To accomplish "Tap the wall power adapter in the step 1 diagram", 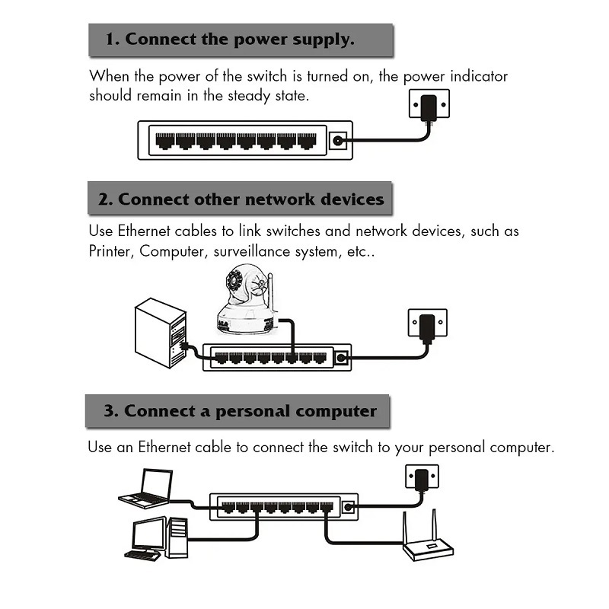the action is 429,107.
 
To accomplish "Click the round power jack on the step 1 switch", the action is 338,141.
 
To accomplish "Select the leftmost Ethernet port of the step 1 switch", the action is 165,142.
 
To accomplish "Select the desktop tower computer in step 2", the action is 161,333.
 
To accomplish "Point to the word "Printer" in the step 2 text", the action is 109,251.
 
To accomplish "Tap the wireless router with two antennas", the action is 427,538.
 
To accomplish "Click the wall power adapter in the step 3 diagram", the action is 421,480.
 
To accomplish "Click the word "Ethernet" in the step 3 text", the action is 164,447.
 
